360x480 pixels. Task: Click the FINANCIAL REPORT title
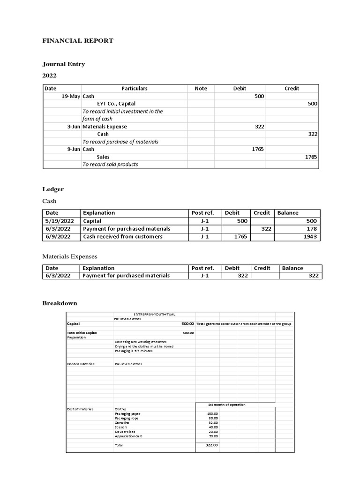[78, 41]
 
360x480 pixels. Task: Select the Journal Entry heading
[64, 64]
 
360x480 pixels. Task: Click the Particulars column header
[135, 88]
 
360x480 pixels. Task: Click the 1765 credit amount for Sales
[311, 157]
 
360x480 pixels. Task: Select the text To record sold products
[110, 164]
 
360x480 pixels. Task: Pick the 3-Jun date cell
[73, 127]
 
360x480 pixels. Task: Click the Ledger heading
[53, 189]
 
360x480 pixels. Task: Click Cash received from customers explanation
[123, 237]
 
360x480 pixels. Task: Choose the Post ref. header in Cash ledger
[203, 213]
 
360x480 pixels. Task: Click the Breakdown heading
[60, 303]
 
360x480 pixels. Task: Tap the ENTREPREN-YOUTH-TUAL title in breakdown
[154, 314]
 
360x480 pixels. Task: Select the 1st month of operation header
[227, 404]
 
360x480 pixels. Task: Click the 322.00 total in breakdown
[212, 445]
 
